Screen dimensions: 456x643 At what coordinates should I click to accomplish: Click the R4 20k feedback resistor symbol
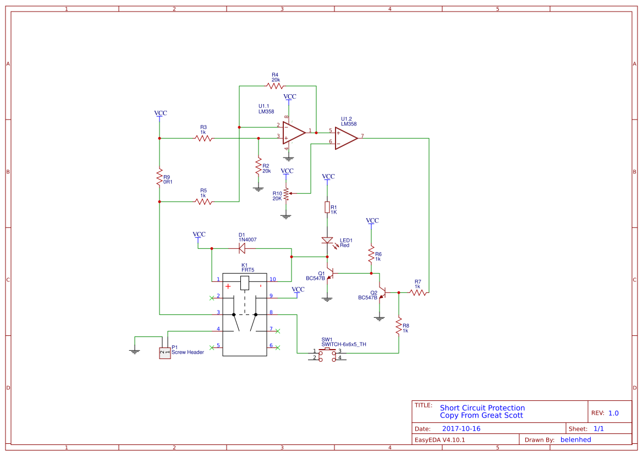[x=274, y=86]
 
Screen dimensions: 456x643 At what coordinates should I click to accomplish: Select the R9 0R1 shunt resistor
[x=160, y=177]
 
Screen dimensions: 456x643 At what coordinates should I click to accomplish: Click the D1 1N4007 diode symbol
[x=242, y=248]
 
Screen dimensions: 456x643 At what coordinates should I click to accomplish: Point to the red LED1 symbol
[x=327, y=241]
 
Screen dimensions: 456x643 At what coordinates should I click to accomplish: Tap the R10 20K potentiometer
[x=285, y=193]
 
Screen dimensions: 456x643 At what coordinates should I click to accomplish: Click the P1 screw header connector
[x=164, y=352]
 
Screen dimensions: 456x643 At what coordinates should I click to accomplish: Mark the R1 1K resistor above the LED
[x=327, y=208]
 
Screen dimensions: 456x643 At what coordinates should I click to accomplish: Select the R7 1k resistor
[x=418, y=293]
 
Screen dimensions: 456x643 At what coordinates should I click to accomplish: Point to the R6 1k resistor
[x=371, y=256]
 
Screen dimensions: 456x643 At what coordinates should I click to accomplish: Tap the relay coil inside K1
[x=245, y=284]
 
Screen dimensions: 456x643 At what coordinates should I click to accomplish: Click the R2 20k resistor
[x=257, y=167]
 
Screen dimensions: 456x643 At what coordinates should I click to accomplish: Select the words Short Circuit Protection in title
[x=482, y=408]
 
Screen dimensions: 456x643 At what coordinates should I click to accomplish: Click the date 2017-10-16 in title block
[x=461, y=428]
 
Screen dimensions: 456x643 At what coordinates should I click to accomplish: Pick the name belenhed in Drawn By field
[x=575, y=439]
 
